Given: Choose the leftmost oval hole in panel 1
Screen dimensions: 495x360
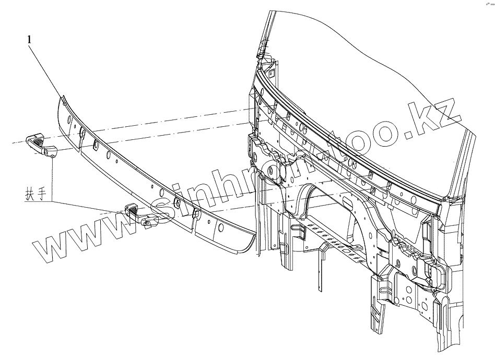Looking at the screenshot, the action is coord(81,135).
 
